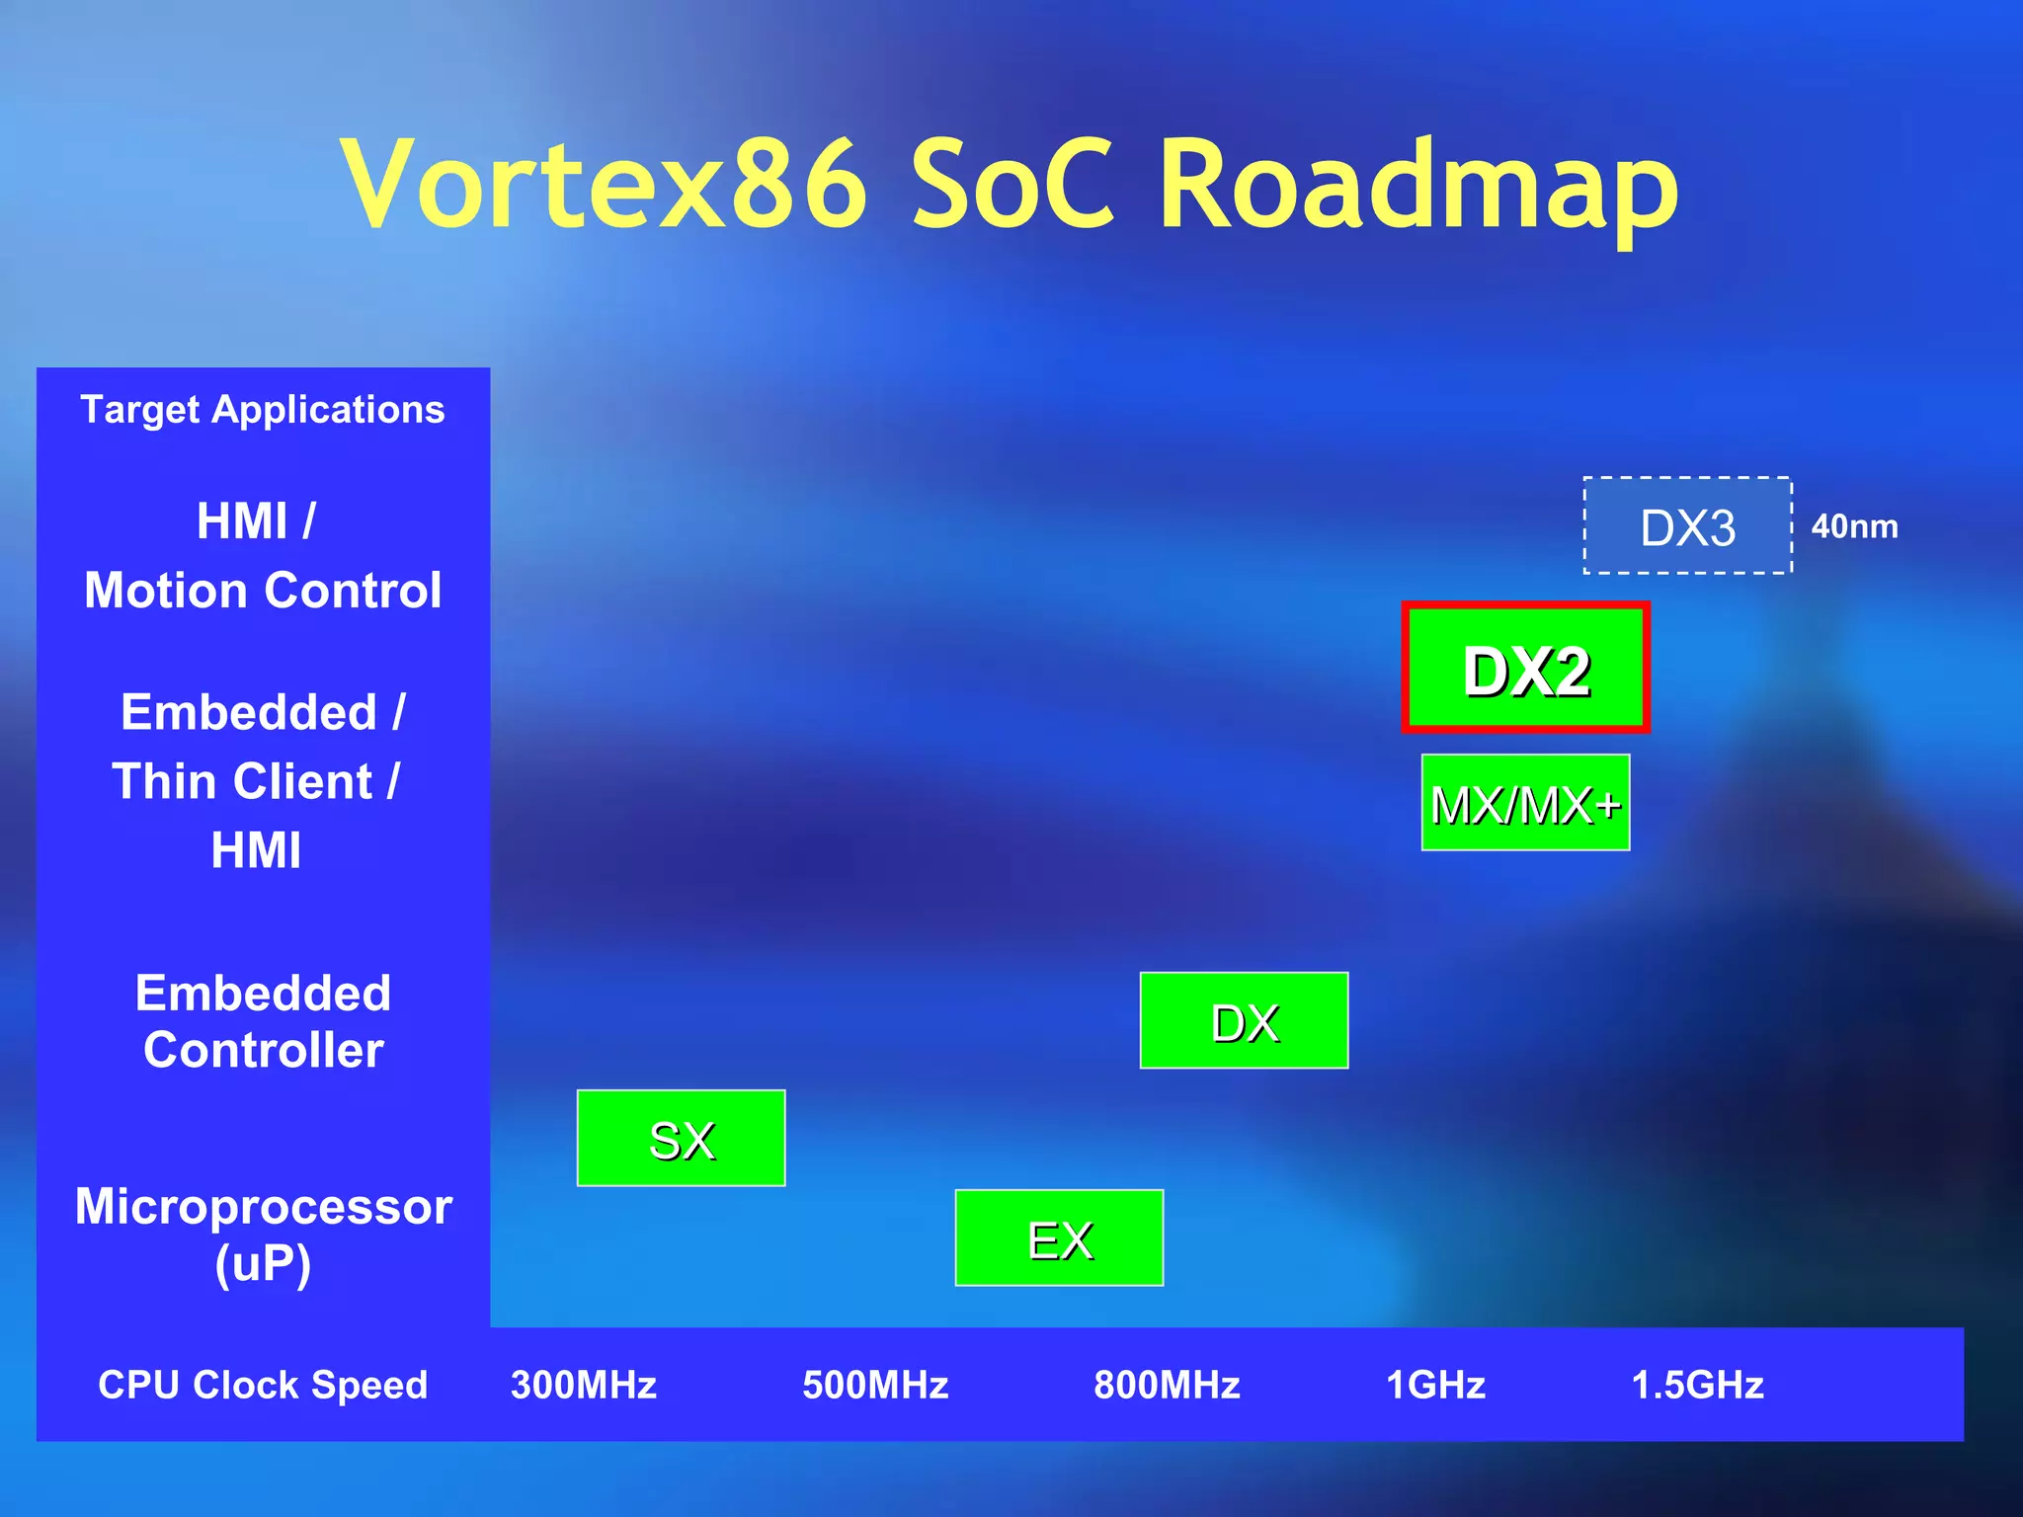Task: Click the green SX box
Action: point(681,1138)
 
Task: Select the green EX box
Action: point(1059,1238)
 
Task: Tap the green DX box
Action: point(1244,1020)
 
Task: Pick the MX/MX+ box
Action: point(1525,802)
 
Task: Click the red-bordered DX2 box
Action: point(1525,668)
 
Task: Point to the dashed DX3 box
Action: point(1687,525)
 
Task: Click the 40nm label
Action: point(1854,526)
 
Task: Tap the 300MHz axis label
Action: point(584,1385)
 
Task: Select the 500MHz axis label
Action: point(875,1385)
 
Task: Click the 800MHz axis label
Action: point(1167,1385)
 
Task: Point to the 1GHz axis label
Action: point(1435,1385)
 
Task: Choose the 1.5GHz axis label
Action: point(1697,1385)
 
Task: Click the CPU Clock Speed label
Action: point(263,1385)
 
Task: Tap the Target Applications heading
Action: point(263,409)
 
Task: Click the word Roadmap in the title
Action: point(1418,186)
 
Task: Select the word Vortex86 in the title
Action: point(604,186)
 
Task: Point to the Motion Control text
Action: point(263,590)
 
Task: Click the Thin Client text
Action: point(243,781)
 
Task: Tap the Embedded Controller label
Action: point(263,1021)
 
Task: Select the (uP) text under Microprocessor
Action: point(263,1263)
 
